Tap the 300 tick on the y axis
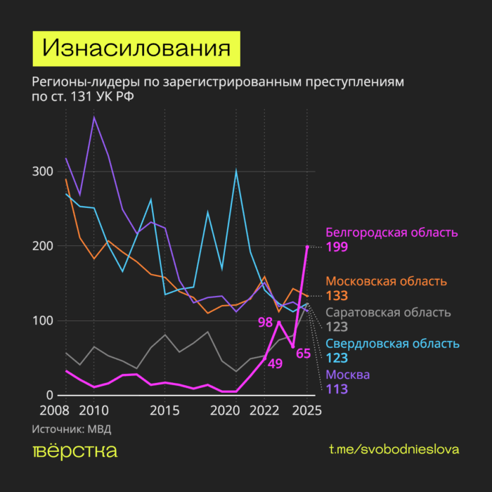tap(44, 171)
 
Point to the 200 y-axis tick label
tap(44, 246)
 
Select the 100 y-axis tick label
tap(44, 321)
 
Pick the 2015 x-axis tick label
tap(164, 410)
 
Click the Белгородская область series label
tap(391, 232)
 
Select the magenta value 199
tap(337, 247)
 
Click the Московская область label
tap(387, 281)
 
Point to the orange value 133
tap(337, 296)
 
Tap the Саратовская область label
tap(389, 313)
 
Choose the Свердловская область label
tap(392, 344)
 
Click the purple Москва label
tap(348, 374)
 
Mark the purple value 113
tap(337, 389)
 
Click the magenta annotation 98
tap(265, 323)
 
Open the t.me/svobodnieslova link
tap(394, 449)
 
